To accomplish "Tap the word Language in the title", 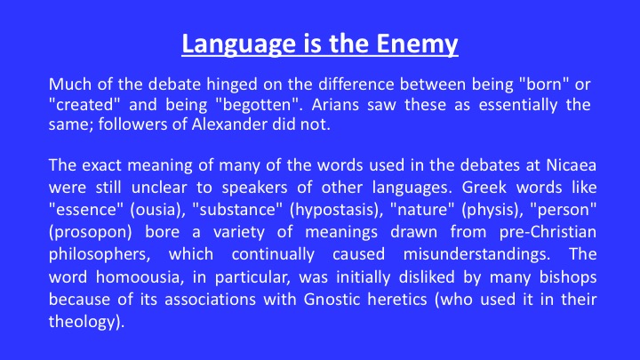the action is click(239, 44).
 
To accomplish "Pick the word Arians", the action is click(335, 105).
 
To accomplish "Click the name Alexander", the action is click(229, 124).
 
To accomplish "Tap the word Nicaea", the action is click(572, 165).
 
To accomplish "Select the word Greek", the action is click(484, 188).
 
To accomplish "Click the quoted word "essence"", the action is click(86, 210).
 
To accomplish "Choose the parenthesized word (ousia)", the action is click(156, 210).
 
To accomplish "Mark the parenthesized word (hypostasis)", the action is click(336, 210).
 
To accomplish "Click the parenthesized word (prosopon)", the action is click(90, 232).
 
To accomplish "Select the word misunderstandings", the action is click(476, 254).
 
